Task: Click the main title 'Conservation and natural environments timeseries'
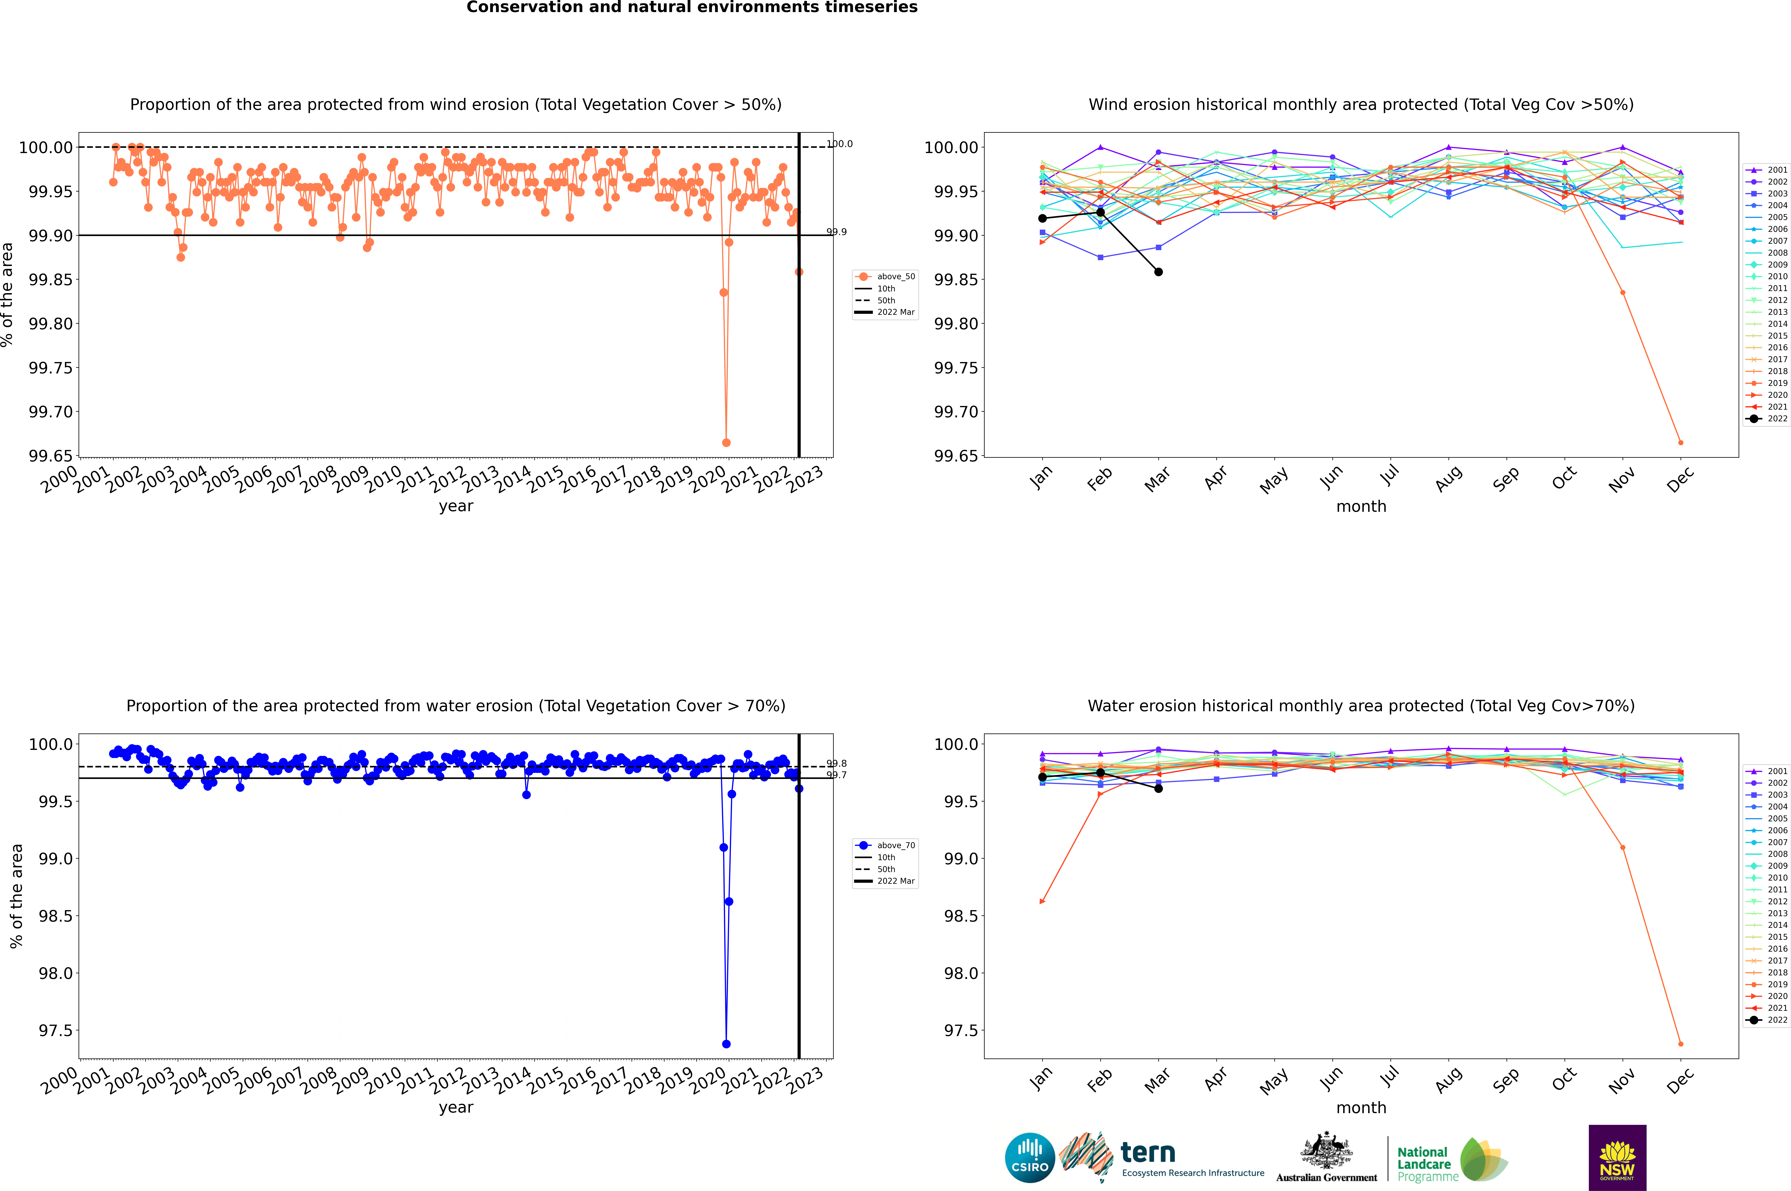692,8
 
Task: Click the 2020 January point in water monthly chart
1042,902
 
